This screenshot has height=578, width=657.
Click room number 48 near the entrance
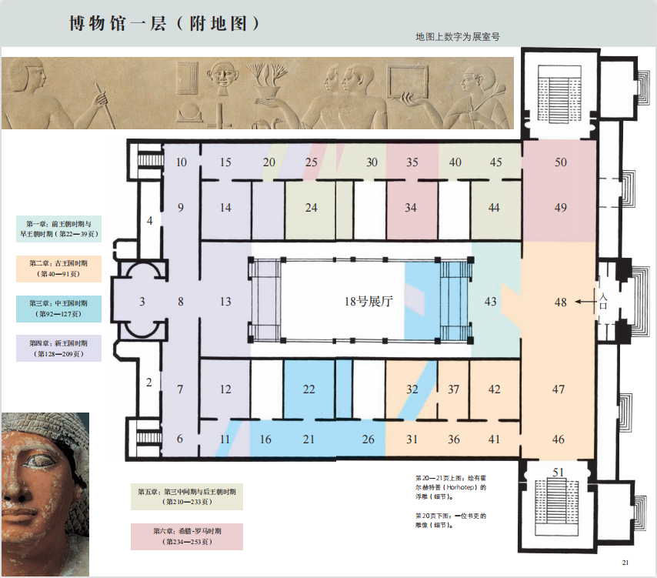coord(561,302)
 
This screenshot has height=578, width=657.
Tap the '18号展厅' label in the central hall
coord(369,302)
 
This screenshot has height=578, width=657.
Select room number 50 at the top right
coord(561,162)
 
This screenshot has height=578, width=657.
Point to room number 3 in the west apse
coord(142,302)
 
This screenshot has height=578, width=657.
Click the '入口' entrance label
coord(603,301)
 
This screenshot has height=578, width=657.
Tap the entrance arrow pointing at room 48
coord(585,302)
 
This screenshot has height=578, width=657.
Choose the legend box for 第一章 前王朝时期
coord(58,229)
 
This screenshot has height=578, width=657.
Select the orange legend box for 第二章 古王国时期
coord(58,269)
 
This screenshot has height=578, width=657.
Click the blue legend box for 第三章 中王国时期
coord(58,309)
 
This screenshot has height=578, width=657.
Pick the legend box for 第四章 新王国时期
coord(58,349)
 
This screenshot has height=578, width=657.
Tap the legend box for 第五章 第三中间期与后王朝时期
coord(187,496)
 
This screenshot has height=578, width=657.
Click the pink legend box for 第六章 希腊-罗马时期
coord(187,536)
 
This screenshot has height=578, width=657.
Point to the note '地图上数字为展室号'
coord(458,37)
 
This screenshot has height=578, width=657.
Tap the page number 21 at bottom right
coord(625,563)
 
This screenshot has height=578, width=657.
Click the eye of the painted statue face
coord(41,462)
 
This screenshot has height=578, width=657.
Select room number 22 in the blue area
coord(308,389)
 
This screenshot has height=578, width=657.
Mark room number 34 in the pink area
coord(411,208)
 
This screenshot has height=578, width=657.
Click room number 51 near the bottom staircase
coord(558,473)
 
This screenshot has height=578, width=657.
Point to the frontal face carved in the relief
coord(222,75)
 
